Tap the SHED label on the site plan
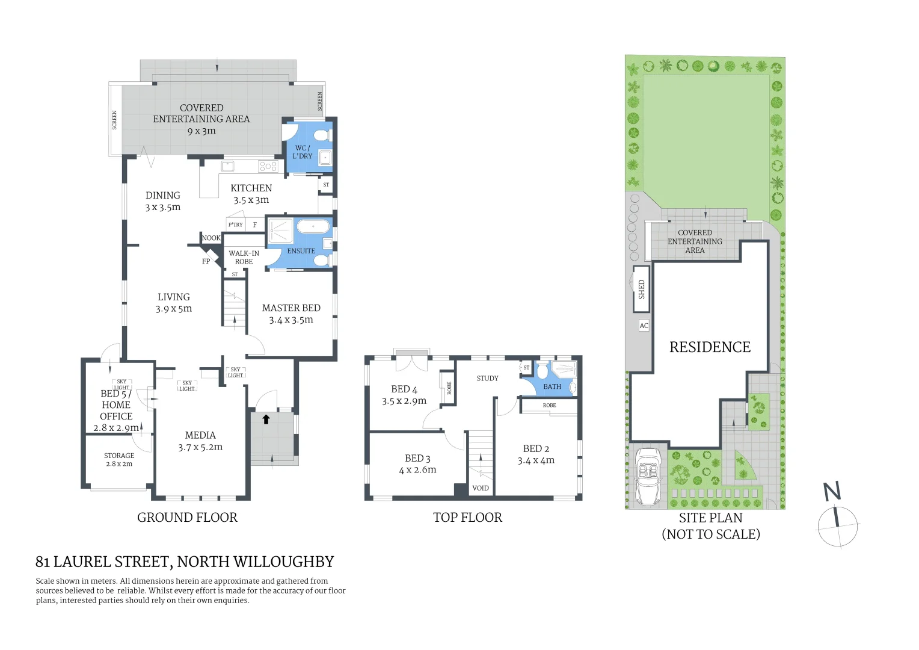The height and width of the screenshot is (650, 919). pyautogui.click(x=641, y=289)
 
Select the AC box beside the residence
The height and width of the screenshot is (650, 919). pyautogui.click(x=644, y=326)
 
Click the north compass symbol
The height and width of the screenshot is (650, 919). pyautogui.click(x=837, y=525)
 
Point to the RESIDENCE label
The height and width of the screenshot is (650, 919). pyautogui.click(x=710, y=347)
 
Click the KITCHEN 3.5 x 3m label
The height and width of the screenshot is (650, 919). pyautogui.click(x=251, y=194)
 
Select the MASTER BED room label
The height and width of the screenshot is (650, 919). pyautogui.click(x=291, y=314)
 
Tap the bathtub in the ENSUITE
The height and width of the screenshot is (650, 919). pyautogui.click(x=313, y=227)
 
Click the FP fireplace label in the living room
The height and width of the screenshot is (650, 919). pyautogui.click(x=206, y=261)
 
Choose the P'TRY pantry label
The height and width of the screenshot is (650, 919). pyautogui.click(x=235, y=224)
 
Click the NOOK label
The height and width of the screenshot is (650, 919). pyautogui.click(x=211, y=238)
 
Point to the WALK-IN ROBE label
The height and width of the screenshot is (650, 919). pyautogui.click(x=244, y=257)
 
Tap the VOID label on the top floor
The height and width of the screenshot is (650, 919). pyautogui.click(x=480, y=488)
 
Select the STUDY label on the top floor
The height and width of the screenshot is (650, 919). pyautogui.click(x=487, y=378)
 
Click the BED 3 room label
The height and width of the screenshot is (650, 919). pyautogui.click(x=417, y=464)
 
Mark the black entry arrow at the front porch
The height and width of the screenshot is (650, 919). pyautogui.click(x=266, y=419)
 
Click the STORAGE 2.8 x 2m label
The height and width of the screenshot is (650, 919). pyautogui.click(x=119, y=459)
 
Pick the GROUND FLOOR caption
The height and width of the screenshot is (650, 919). pyautogui.click(x=187, y=518)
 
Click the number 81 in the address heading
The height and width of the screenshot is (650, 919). pyautogui.click(x=42, y=562)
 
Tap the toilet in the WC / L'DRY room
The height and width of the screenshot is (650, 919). pyautogui.click(x=321, y=134)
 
